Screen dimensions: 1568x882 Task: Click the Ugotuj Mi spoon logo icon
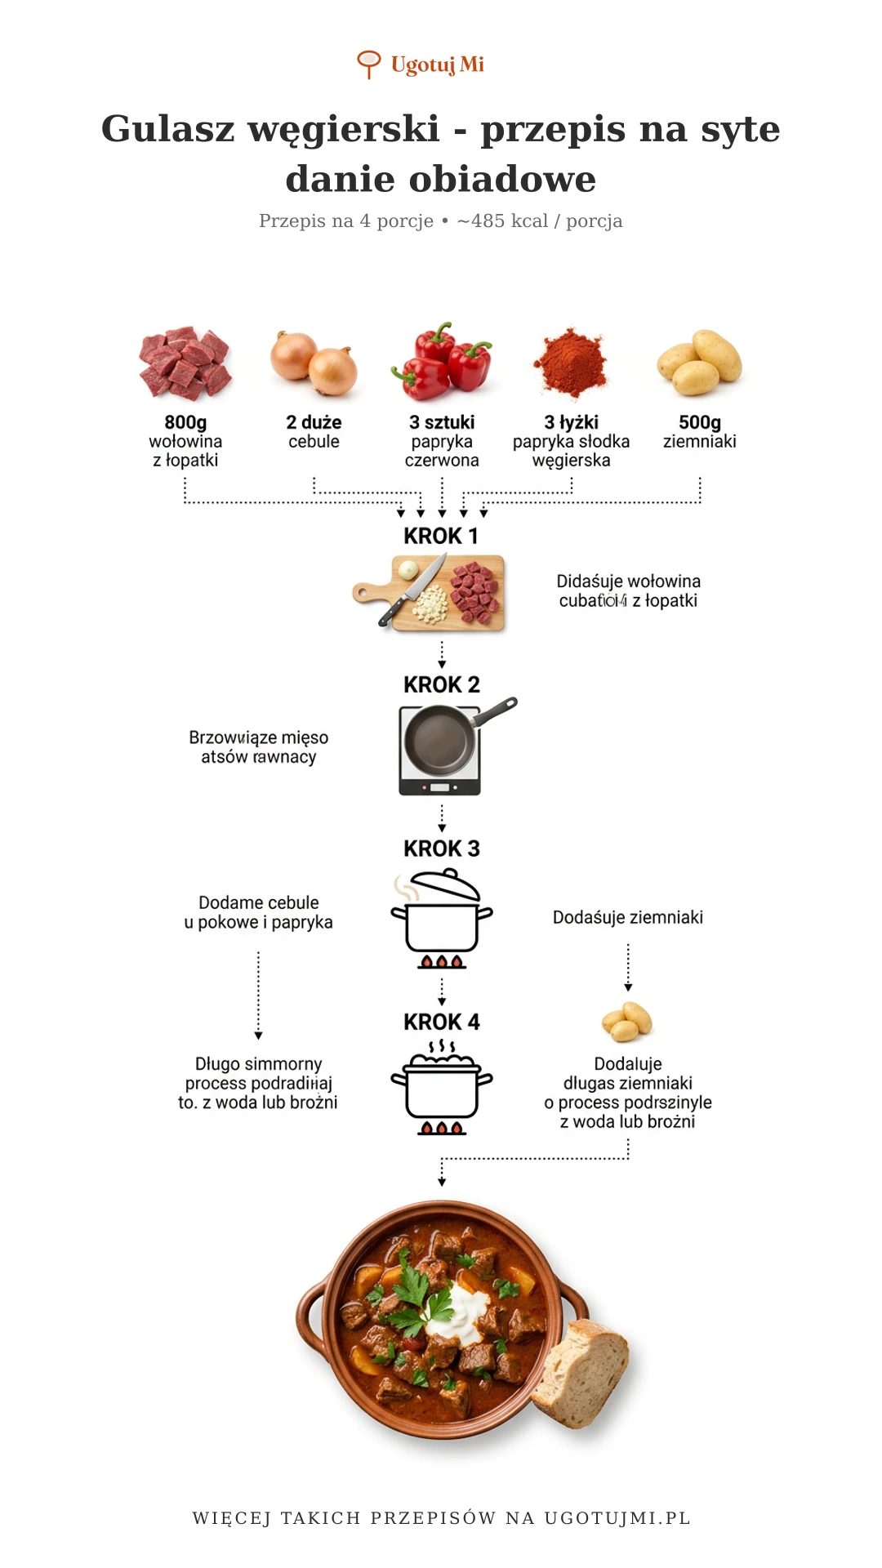pos(368,64)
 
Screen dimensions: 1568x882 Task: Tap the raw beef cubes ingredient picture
pos(185,363)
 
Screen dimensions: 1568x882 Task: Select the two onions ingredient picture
pos(314,363)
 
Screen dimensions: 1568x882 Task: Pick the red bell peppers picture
pos(443,361)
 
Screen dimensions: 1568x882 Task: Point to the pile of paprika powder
pos(570,363)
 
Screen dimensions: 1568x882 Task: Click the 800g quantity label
pos(185,422)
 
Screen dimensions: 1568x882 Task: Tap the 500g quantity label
pos(700,422)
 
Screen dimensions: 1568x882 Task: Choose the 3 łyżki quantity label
pos(571,422)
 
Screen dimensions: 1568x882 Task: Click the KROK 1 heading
pos(441,537)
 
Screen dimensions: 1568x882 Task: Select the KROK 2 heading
pos(441,685)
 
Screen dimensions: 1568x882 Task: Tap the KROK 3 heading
pos(441,849)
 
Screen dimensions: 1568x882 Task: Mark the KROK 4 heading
pos(441,1022)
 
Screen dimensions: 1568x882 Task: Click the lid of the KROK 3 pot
pos(445,885)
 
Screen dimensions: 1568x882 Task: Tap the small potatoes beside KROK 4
pos(626,1022)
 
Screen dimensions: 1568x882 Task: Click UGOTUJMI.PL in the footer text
pos(617,1518)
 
